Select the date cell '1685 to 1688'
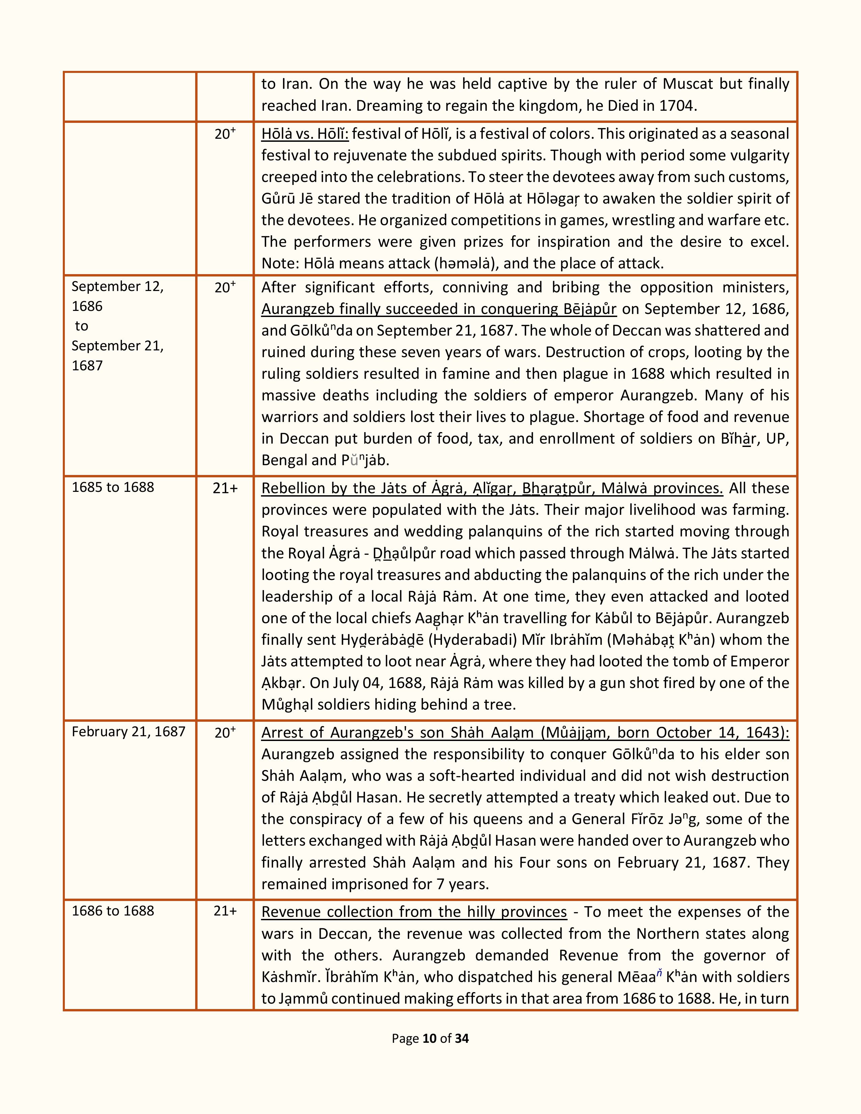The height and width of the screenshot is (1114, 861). pos(113,487)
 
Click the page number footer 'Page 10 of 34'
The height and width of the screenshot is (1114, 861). pos(430,1038)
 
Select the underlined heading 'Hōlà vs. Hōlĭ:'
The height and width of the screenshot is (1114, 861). pos(305,134)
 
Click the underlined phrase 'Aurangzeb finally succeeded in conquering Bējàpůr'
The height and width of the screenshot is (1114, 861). pos(439,309)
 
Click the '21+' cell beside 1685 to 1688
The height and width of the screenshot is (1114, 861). pos(225,488)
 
